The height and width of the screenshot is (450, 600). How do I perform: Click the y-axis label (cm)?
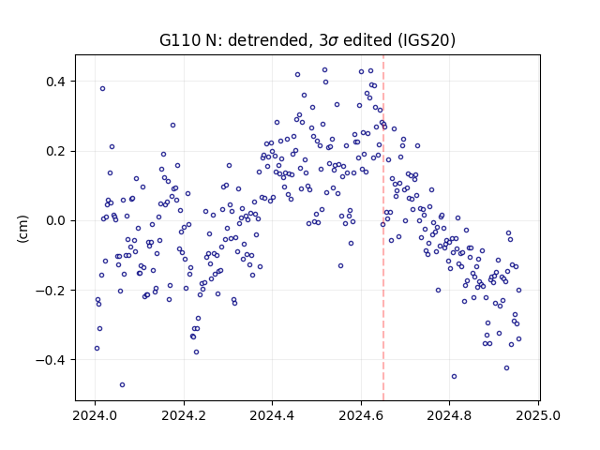pyautogui.click(x=22, y=229)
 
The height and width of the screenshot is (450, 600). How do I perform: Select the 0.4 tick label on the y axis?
pyautogui.click(x=55, y=82)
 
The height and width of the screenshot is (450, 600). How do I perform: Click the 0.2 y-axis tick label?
pyautogui.click(x=55, y=151)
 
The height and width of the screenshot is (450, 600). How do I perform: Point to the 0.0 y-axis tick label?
pyautogui.click(x=55, y=221)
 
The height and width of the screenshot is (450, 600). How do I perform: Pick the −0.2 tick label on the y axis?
pyautogui.click(x=51, y=291)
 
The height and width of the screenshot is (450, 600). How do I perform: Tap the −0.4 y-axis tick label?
pyautogui.click(x=51, y=360)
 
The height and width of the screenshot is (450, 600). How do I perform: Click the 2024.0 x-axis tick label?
pyautogui.click(x=95, y=415)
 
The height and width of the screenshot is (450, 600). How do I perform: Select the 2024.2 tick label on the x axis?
pyautogui.click(x=184, y=415)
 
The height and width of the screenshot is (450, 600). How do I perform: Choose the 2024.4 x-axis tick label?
pyautogui.click(x=272, y=415)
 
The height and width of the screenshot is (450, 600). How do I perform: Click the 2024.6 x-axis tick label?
pyautogui.click(x=361, y=415)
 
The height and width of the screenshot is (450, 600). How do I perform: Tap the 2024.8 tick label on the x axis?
pyautogui.click(x=449, y=415)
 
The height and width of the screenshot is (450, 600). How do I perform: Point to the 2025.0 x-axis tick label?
pyautogui.click(x=538, y=415)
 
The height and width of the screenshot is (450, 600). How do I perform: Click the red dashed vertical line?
pyautogui.click(x=383, y=228)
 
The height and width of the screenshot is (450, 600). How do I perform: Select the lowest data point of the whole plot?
pyautogui.click(x=122, y=385)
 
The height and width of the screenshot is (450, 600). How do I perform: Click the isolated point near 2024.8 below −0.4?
pyautogui.click(x=454, y=377)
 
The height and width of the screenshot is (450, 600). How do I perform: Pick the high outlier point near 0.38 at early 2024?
pyautogui.click(x=102, y=89)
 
